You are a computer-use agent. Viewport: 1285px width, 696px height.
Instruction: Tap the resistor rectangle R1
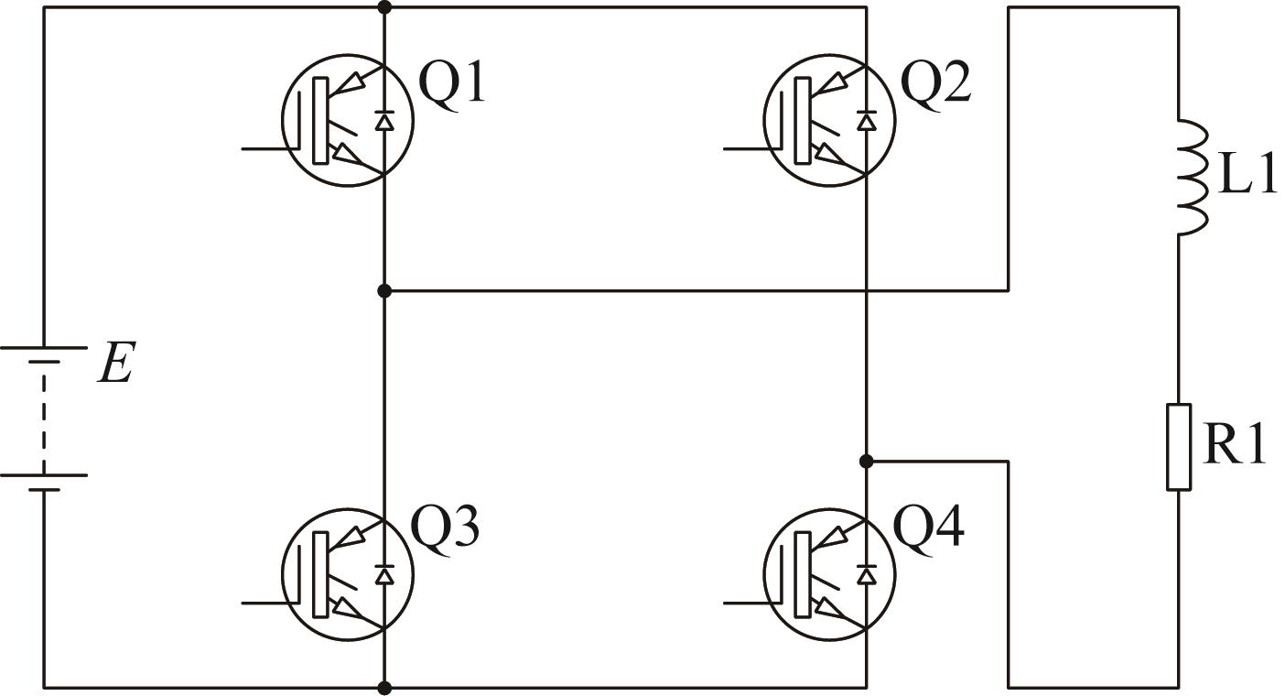[x=1179, y=447]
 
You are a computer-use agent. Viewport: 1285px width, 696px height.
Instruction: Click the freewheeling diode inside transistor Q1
[x=384, y=120]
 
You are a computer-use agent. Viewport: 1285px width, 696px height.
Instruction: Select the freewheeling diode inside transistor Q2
[x=866, y=120]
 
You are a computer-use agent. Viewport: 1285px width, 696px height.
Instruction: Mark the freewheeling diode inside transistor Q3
[x=384, y=574]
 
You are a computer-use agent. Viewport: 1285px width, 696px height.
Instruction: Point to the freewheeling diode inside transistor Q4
[x=866, y=574]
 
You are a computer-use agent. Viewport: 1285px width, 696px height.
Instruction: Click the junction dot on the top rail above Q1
[x=385, y=7]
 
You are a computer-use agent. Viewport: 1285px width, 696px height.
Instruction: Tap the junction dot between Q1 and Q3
[x=385, y=291]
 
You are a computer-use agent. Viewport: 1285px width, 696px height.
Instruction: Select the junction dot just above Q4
[x=867, y=461]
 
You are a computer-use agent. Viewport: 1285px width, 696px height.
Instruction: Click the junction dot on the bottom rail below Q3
[x=385, y=688]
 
